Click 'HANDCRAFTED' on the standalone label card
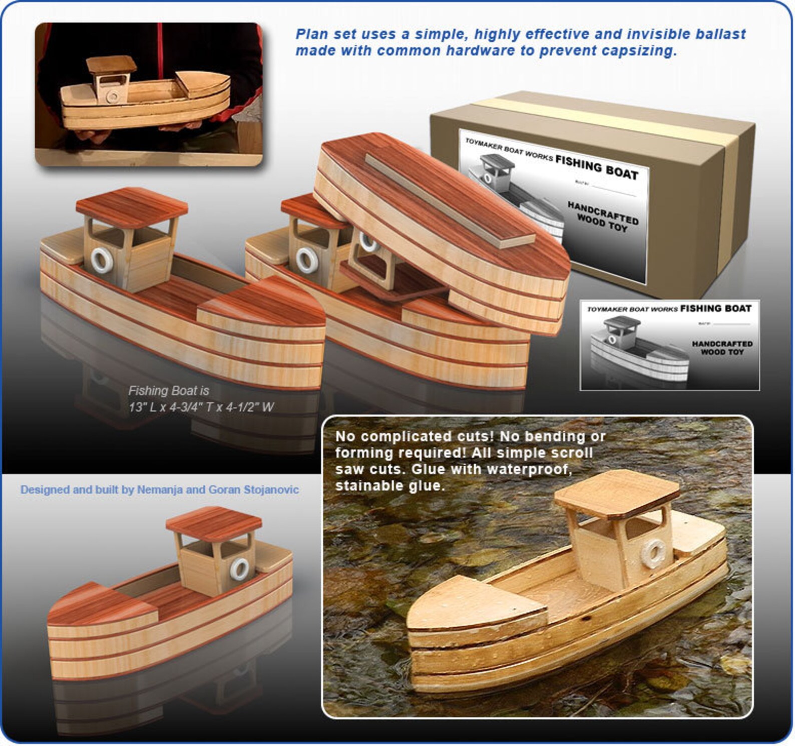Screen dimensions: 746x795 (722, 344)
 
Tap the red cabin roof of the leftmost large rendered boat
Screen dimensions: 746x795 (132, 205)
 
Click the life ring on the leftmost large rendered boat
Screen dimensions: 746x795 (102, 260)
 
